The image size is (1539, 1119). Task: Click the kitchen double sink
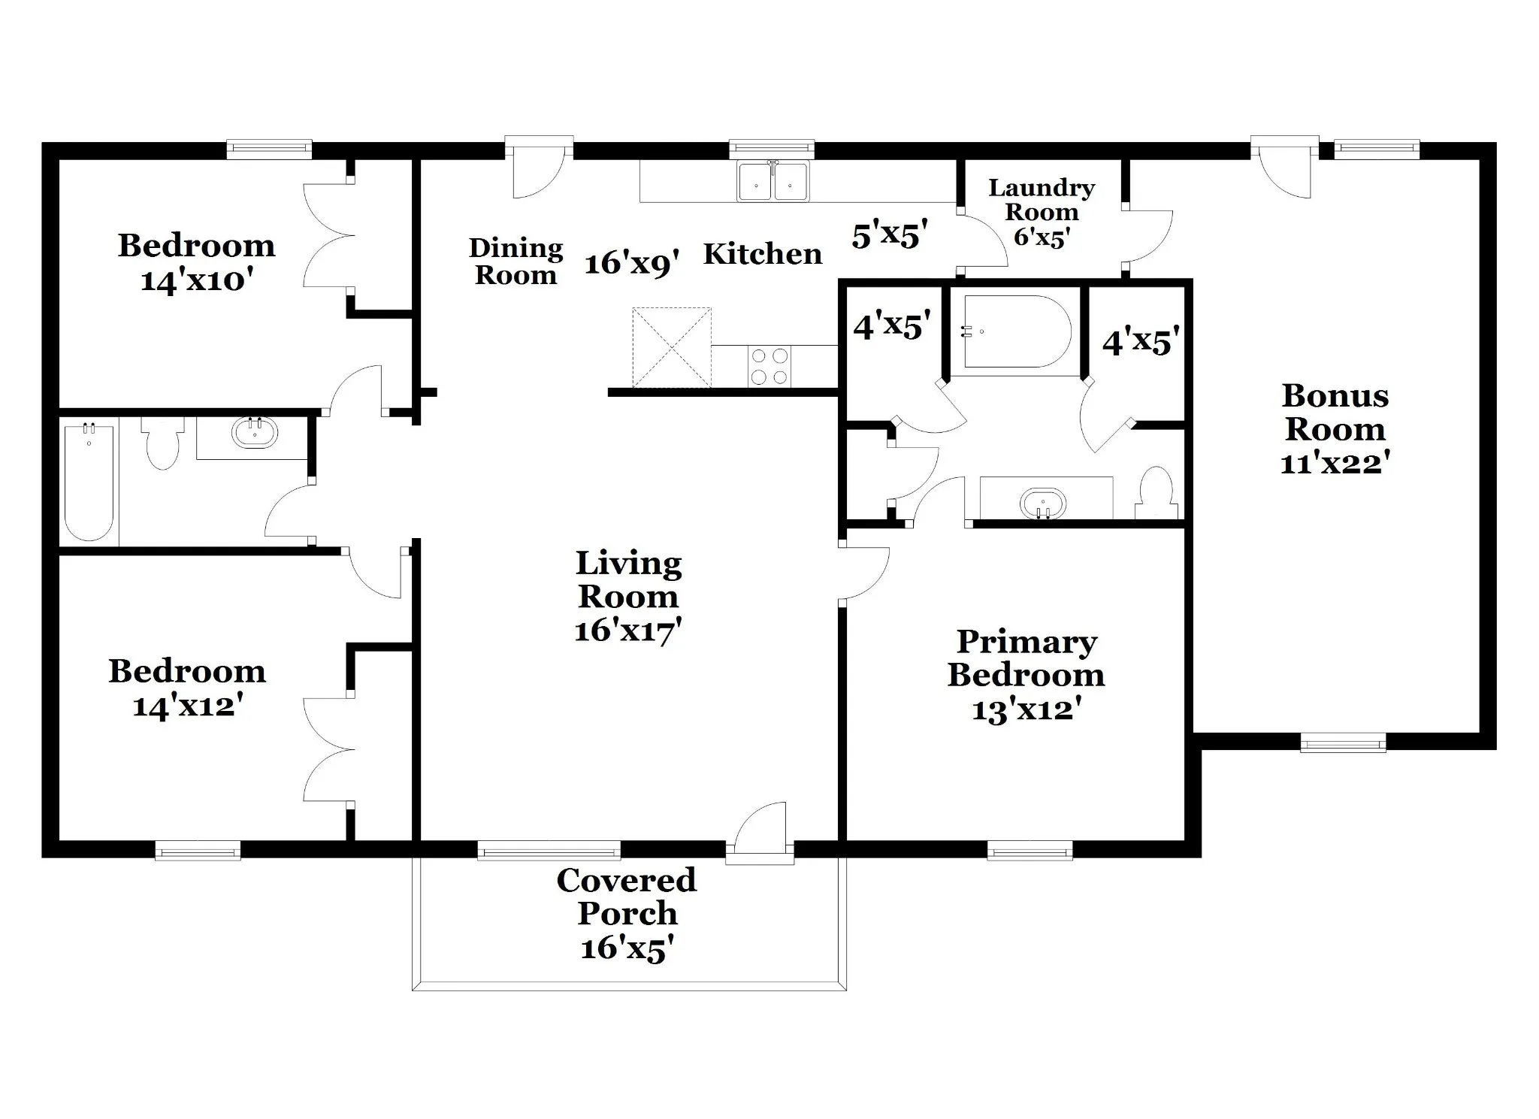(773, 181)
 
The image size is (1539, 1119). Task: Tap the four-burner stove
(769, 366)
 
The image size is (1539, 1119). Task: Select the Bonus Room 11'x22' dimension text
(1335, 463)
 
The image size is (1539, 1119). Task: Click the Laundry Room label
(1041, 200)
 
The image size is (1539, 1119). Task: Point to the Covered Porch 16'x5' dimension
(627, 948)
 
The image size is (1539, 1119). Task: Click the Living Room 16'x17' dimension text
(628, 630)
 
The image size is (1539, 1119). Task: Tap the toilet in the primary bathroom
(1156, 492)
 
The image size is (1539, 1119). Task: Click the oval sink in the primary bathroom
(1043, 504)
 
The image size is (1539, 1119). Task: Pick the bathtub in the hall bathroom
(89, 482)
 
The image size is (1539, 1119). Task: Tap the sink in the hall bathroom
(255, 432)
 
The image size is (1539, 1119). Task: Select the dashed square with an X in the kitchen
(672, 347)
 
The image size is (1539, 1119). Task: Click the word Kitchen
(763, 254)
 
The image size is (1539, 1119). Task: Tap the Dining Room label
(516, 261)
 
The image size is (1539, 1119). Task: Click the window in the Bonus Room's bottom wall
(1344, 743)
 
